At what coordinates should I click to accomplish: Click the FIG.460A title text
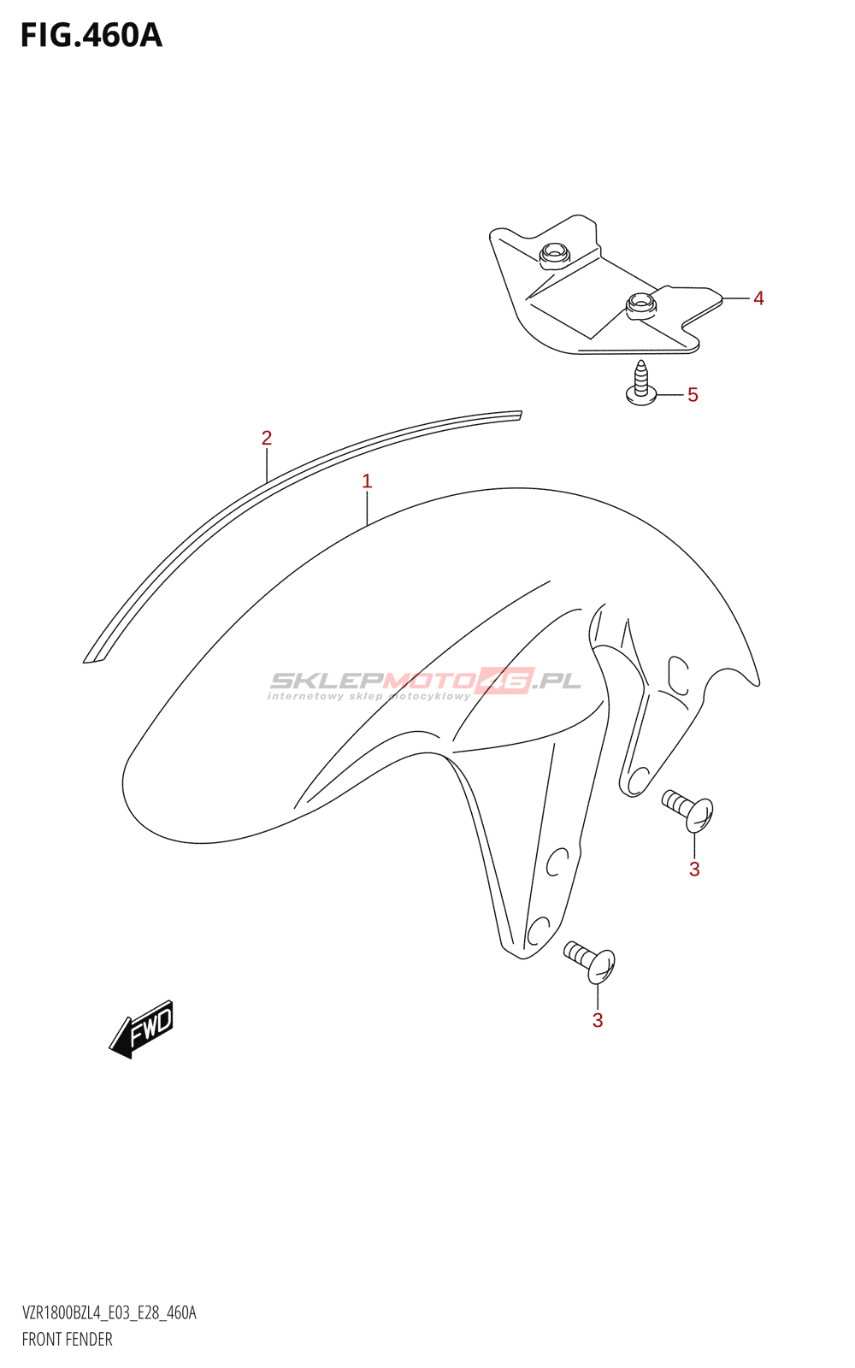[91, 36]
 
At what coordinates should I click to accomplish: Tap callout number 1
[367, 481]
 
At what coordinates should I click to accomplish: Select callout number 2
[266, 438]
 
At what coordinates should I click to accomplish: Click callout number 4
[758, 298]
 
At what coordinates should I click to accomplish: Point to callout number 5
[693, 394]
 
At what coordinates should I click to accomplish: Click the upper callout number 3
[694, 869]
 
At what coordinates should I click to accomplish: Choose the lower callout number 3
[598, 1020]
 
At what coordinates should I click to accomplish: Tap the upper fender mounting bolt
[688, 811]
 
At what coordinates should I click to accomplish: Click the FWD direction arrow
[141, 1029]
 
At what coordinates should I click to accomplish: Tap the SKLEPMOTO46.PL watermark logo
[424, 683]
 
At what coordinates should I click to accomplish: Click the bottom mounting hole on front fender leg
[537, 932]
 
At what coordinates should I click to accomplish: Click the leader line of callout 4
[735, 298]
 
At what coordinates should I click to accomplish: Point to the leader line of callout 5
[669, 394]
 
